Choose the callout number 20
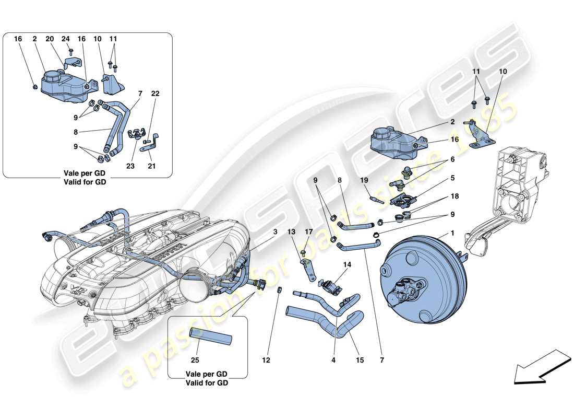tap(49, 39)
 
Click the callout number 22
tap(156, 94)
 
